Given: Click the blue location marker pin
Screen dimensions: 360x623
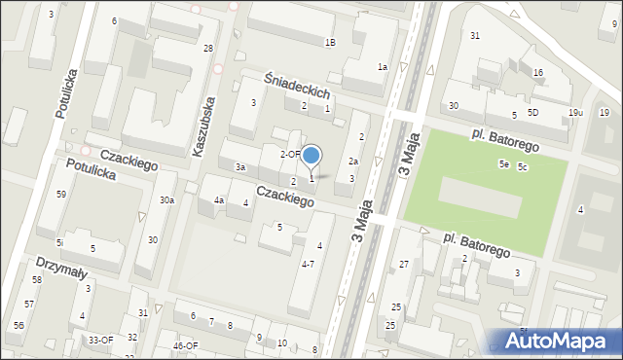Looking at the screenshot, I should tap(311, 156).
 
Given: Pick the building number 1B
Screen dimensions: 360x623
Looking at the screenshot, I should tap(330, 42).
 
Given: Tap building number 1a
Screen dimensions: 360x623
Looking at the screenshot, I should tap(383, 66).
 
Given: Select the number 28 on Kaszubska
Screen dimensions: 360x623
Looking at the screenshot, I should tap(208, 49).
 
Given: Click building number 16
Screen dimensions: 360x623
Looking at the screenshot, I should tap(537, 73).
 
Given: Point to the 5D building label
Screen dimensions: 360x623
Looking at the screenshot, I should tap(533, 113).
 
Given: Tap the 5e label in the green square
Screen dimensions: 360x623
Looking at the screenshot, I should tap(504, 164).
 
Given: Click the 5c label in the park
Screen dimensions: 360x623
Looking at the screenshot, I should tap(522, 167).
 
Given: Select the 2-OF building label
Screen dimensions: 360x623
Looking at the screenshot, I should tap(290, 154).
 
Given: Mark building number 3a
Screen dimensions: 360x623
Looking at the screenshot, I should tap(239, 167).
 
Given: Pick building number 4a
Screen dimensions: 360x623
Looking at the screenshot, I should tap(220, 200).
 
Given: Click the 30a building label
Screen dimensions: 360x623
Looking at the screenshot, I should tap(167, 200).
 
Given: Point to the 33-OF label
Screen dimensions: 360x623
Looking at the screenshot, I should tap(101, 340).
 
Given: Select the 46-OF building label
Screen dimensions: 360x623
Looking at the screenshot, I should tap(185, 345).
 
